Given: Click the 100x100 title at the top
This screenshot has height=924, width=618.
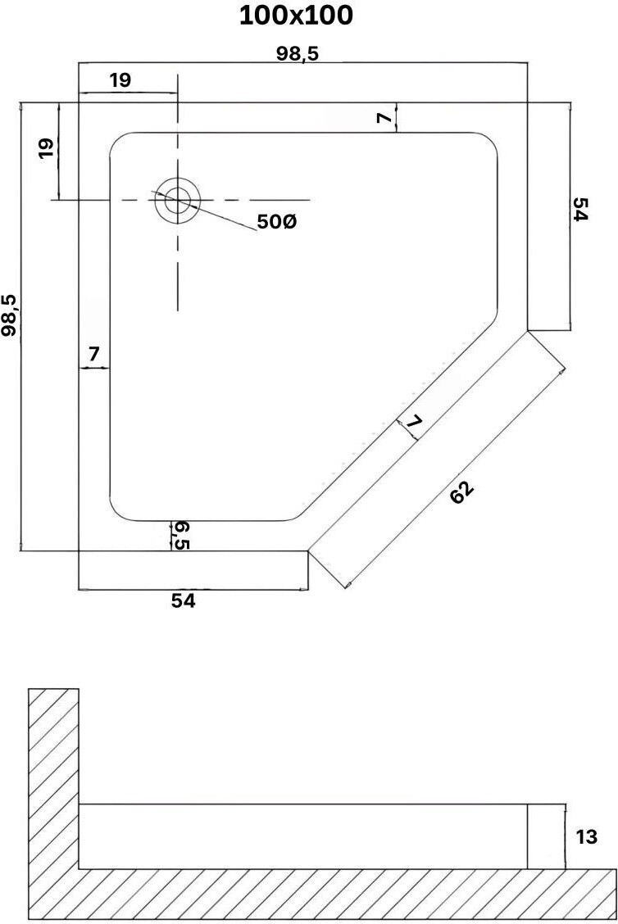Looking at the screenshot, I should [x=297, y=16].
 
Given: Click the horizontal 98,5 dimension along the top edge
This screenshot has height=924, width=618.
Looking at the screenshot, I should [x=298, y=54].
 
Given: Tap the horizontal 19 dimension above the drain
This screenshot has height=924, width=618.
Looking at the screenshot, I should [x=120, y=80].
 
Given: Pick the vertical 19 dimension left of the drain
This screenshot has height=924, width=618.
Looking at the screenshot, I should [x=46, y=147].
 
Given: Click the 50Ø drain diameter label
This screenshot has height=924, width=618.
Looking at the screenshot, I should [x=276, y=222].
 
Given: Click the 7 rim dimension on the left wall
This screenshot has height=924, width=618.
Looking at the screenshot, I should [x=93, y=355].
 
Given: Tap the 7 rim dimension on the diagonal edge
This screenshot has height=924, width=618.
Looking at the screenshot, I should [x=414, y=423].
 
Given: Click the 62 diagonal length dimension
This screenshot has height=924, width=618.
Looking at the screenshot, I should [x=461, y=493].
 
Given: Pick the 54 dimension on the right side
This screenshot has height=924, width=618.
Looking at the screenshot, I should [x=580, y=210].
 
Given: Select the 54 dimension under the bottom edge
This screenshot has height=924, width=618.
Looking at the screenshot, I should [x=184, y=600].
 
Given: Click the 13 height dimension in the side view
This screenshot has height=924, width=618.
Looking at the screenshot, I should [x=587, y=837].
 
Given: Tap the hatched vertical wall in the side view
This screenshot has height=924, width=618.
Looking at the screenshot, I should [x=53, y=778].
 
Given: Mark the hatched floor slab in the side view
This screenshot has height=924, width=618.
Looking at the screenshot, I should [x=328, y=894].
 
